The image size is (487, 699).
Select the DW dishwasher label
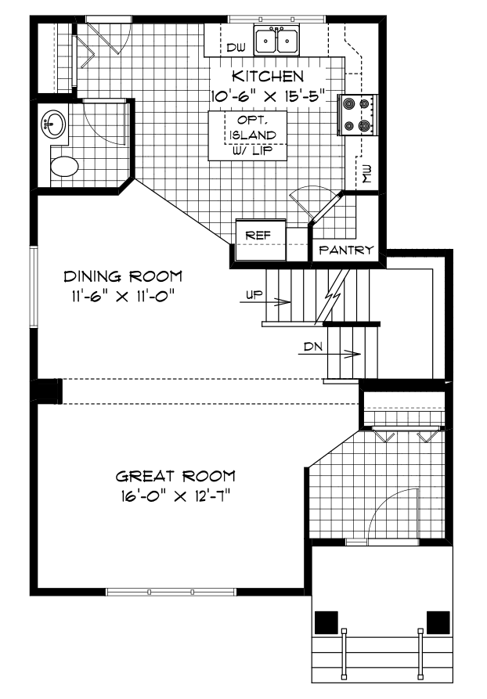(236, 48)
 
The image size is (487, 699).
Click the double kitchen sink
(277, 39)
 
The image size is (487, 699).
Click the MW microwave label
(367, 174)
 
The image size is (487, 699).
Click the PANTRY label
(345, 250)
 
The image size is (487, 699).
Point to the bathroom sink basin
(55, 123)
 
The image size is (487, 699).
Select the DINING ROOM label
(123, 276)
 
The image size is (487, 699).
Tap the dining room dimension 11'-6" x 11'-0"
(119, 296)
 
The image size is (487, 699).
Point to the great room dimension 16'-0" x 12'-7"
(175, 495)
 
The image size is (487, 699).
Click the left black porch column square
(326, 622)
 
